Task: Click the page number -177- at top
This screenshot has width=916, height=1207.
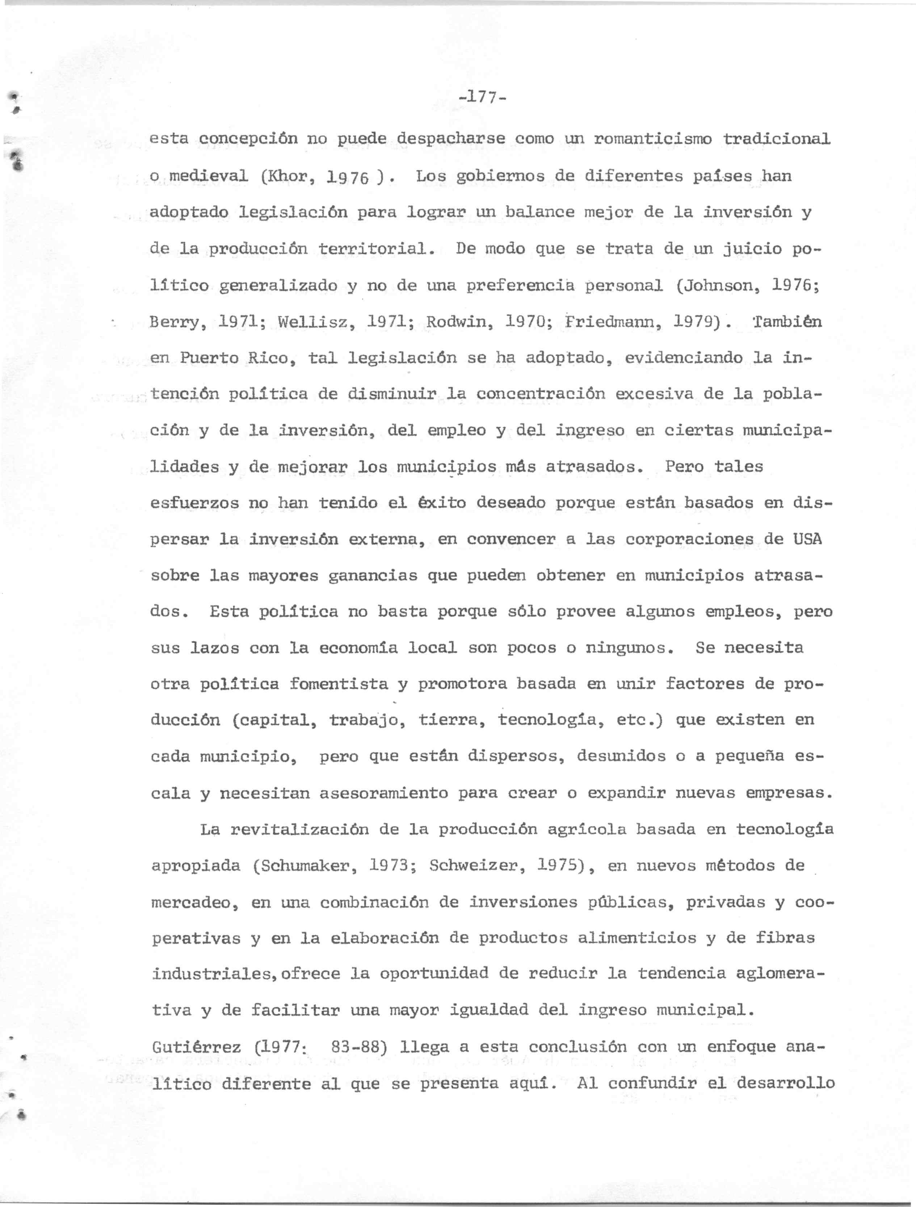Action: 483,98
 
